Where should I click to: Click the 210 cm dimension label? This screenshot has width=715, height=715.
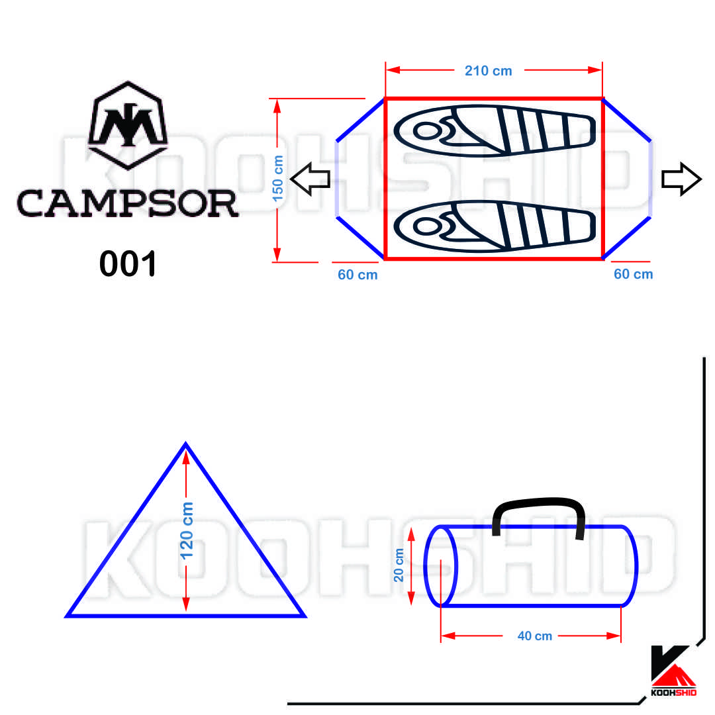point(488,71)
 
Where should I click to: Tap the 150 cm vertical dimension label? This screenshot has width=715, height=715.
point(277,179)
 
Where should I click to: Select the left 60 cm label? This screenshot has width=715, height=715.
point(358,275)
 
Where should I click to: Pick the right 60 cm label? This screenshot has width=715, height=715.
point(634,274)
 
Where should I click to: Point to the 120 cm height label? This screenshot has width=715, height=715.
point(187,531)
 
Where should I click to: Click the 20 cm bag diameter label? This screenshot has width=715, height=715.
point(399,565)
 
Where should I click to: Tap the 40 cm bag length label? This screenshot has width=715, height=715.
point(535,636)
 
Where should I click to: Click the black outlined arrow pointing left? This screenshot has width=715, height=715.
point(310,179)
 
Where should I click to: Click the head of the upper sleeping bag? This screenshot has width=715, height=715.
point(427,131)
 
